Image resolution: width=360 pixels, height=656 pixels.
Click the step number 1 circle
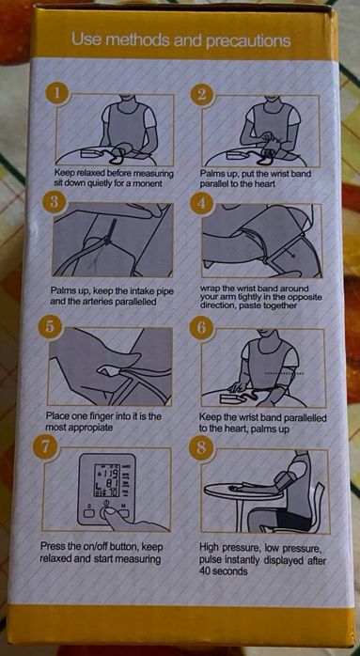[x=56, y=94]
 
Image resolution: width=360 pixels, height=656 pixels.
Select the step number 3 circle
[x=54, y=202]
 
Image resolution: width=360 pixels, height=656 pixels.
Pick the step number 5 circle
[x=50, y=326]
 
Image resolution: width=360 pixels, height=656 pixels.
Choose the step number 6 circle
[x=200, y=327]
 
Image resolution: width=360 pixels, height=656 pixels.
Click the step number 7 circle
[x=44, y=447]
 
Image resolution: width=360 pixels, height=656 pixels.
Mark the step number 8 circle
[x=200, y=448]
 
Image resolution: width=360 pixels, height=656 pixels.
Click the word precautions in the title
[x=250, y=40]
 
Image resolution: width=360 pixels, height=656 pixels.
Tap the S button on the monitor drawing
[x=90, y=513]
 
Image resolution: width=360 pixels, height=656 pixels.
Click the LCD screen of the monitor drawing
[x=107, y=479]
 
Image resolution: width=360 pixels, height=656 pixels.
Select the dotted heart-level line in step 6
[x=285, y=371]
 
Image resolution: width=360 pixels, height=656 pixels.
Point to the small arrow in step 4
[x=289, y=250]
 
